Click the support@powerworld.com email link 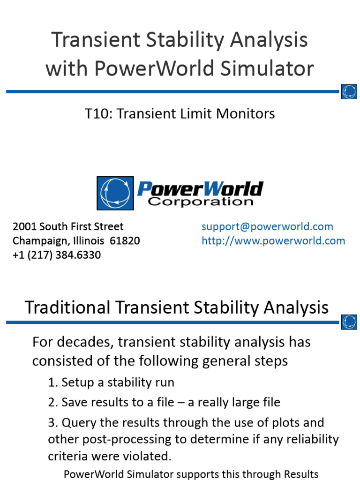[x=267, y=227]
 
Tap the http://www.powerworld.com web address [x=273, y=241]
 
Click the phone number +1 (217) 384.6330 [x=57, y=255]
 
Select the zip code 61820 [x=125, y=241]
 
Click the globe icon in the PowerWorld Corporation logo [x=115, y=193]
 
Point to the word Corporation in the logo [x=201, y=202]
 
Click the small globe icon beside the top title [x=349, y=91]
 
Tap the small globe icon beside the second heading [x=349, y=322]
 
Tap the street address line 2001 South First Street [x=68, y=227]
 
